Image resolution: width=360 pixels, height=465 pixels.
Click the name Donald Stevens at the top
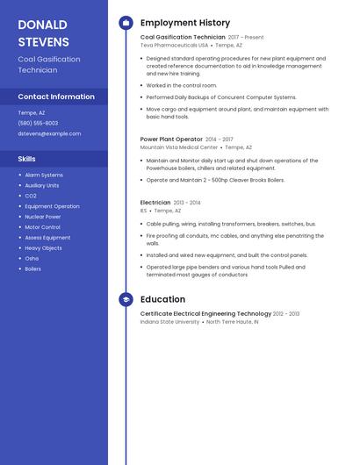coord(43,32)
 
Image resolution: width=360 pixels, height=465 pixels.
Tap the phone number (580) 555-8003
coord(38,123)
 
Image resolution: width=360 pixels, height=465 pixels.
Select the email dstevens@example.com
coord(49,133)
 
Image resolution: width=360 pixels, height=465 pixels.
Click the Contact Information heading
coord(56,97)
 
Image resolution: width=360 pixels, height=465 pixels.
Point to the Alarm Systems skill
coord(44,175)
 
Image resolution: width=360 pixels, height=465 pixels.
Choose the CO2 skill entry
coord(31,196)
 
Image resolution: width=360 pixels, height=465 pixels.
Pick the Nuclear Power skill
coord(43,217)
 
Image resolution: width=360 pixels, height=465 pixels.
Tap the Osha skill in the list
coord(32,259)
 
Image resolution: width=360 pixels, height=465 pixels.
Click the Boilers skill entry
coord(33,269)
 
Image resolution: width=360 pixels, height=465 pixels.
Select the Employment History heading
coord(185,23)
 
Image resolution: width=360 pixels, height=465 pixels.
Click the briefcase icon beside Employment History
coord(126,23)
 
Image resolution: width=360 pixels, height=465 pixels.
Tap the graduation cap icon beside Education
coord(126,299)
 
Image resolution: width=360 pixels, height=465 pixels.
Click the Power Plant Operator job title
coord(171,139)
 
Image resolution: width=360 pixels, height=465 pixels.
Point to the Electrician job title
coord(155,203)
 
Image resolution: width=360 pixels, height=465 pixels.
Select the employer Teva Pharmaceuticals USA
coord(174,45)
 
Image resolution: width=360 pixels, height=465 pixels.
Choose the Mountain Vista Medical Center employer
coord(179,147)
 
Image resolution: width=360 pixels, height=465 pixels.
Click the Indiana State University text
coord(169,322)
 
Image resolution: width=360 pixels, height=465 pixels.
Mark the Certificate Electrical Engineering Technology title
coord(205,313)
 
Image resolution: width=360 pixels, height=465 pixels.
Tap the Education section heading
coord(162,299)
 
